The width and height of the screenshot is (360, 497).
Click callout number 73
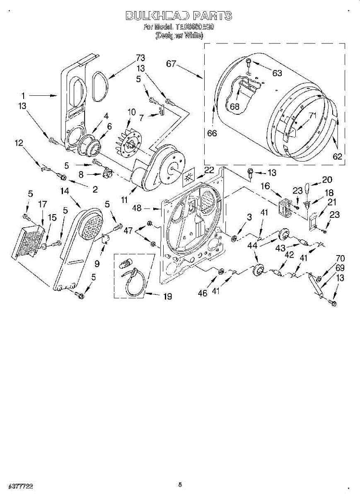pyautogui.click(x=141, y=58)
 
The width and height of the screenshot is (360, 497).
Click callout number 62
pyautogui.click(x=338, y=157)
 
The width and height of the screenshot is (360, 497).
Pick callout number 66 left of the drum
pyautogui.click(x=212, y=133)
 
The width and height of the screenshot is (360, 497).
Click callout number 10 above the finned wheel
pyautogui.click(x=132, y=111)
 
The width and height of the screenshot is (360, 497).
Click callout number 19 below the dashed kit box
pyautogui.click(x=168, y=297)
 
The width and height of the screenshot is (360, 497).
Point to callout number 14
pyautogui.click(x=64, y=191)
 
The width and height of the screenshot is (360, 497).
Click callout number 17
pyautogui.click(x=43, y=204)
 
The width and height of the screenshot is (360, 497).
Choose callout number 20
pyautogui.click(x=327, y=179)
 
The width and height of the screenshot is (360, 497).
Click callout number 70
pyautogui.click(x=340, y=258)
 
